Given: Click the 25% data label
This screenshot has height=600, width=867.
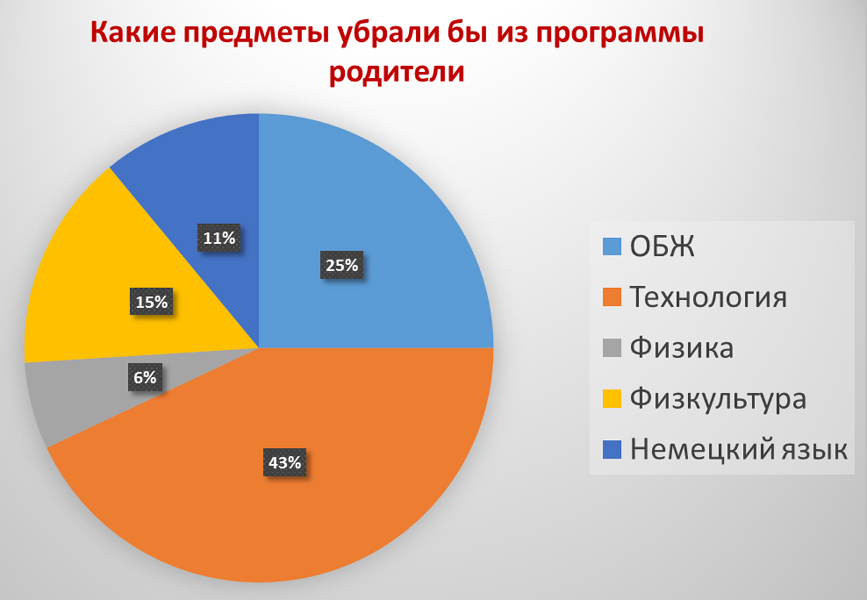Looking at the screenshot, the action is (341, 265).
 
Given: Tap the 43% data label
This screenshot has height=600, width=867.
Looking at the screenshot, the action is (285, 462).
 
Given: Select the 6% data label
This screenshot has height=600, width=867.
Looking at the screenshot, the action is (145, 377).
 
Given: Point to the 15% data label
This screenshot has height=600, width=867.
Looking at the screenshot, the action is (151, 301).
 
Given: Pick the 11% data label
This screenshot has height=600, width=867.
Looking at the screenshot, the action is (219, 237).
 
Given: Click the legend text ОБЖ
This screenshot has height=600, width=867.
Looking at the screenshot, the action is (662, 247).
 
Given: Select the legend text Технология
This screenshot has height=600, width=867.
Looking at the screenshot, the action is (708, 297).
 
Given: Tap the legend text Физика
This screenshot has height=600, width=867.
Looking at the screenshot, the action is (682, 347).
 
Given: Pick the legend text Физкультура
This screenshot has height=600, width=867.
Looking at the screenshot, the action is (718, 399).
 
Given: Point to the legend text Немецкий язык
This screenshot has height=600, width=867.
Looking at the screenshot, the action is (739, 449).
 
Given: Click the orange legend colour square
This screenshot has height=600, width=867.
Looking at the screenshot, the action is (612, 297).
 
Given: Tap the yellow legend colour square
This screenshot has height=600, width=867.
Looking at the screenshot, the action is (612, 399).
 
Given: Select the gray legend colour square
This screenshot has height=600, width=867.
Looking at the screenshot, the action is (612, 348).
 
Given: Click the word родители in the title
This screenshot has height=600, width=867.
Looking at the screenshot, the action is (397, 72).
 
